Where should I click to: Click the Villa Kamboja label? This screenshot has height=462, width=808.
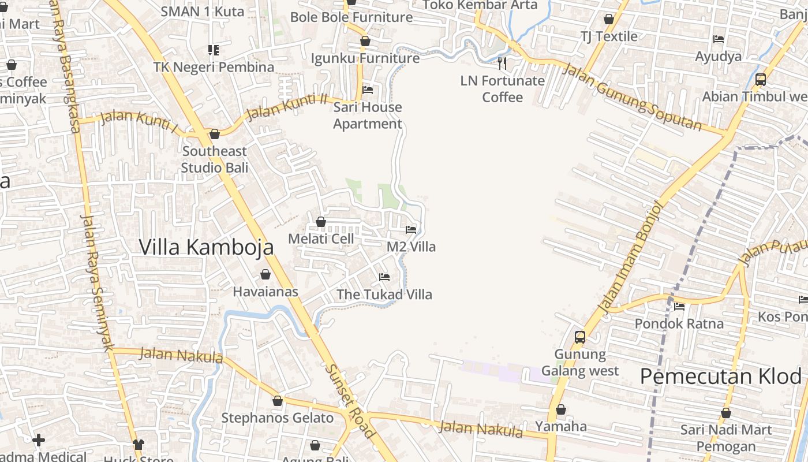(x=206, y=247)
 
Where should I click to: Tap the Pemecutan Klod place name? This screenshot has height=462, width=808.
(x=721, y=377)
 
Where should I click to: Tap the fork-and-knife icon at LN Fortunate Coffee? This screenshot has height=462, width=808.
(x=502, y=64)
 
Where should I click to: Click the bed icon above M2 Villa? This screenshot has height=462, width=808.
(x=411, y=230)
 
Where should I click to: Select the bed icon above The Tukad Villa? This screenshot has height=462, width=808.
(x=384, y=277)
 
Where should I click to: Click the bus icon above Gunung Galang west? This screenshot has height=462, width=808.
(x=580, y=337)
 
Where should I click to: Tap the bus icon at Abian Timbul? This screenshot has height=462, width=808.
(x=761, y=80)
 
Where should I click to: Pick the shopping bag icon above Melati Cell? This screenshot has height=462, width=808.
(x=321, y=222)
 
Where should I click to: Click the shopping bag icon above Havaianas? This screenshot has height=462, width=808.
(x=265, y=274)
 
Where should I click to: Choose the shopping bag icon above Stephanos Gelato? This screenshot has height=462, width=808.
(x=278, y=401)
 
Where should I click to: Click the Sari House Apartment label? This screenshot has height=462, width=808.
(x=368, y=115)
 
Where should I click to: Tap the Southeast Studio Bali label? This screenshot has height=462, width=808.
(x=215, y=159)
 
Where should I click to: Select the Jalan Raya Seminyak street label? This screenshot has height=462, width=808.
(x=96, y=282)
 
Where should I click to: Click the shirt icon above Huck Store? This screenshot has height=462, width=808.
(x=139, y=444)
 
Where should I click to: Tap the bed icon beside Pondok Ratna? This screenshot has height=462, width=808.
(x=679, y=306)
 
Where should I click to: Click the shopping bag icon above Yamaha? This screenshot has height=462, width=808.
(x=560, y=409)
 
